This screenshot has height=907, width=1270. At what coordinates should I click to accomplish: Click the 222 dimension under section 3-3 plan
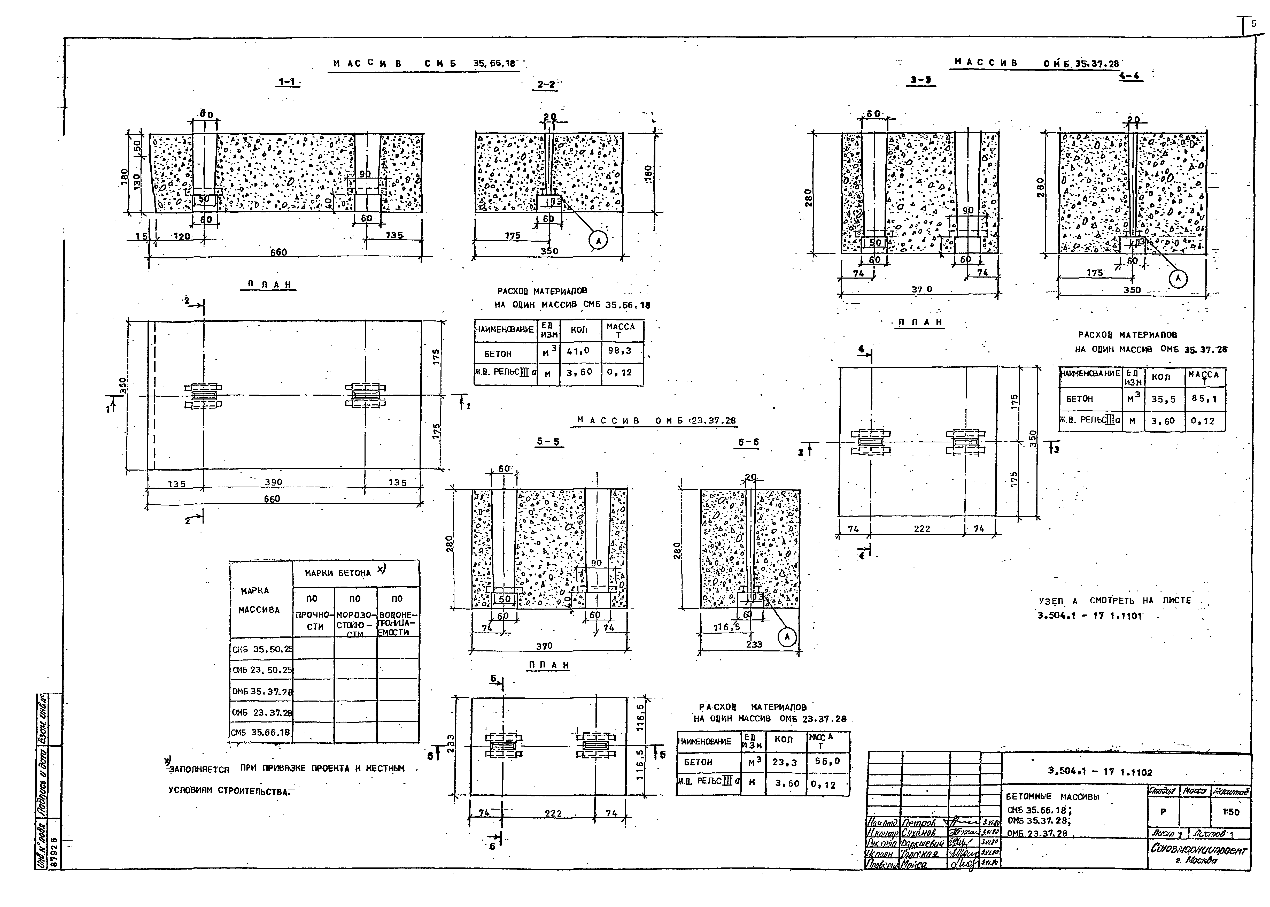[922, 528]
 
